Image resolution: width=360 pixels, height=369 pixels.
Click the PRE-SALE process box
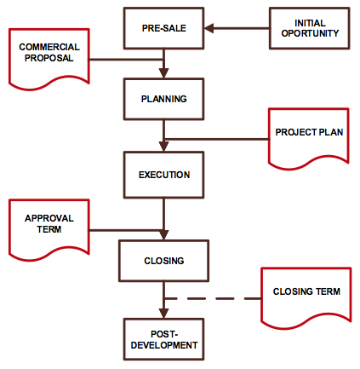163,28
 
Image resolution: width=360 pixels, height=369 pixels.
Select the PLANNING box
163,99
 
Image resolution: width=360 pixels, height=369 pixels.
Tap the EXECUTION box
163,175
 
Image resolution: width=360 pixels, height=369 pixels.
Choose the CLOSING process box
163,261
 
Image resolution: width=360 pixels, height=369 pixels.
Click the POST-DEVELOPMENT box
163,339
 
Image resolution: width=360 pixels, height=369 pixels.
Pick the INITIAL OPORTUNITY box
310,28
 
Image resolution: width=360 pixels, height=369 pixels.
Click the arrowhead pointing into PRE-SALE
209,28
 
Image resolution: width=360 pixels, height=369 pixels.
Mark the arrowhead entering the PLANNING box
163,73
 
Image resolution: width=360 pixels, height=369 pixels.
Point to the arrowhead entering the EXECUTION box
163,147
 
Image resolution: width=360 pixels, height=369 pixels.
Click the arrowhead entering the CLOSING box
163,235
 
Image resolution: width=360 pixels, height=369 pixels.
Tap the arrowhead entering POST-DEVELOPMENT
163,314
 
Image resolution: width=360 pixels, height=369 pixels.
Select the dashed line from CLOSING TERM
213,298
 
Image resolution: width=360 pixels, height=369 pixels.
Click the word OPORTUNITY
310,33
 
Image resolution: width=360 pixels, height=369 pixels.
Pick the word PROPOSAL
49,58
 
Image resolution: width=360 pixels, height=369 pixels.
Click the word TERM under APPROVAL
49,229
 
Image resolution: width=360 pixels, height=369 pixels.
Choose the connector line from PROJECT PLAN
216,139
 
